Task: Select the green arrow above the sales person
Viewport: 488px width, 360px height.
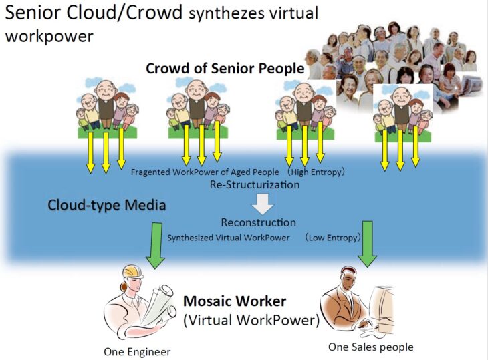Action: point(368,243)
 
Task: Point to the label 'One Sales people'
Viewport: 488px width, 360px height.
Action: point(371,347)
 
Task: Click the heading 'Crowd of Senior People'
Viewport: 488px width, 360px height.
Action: point(225,68)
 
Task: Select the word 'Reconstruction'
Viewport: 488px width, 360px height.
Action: point(258,222)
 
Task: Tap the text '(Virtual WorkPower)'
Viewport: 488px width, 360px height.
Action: point(251,320)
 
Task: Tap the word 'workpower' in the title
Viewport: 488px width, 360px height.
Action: point(50,35)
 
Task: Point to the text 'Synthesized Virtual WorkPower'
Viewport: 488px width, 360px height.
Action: point(228,237)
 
